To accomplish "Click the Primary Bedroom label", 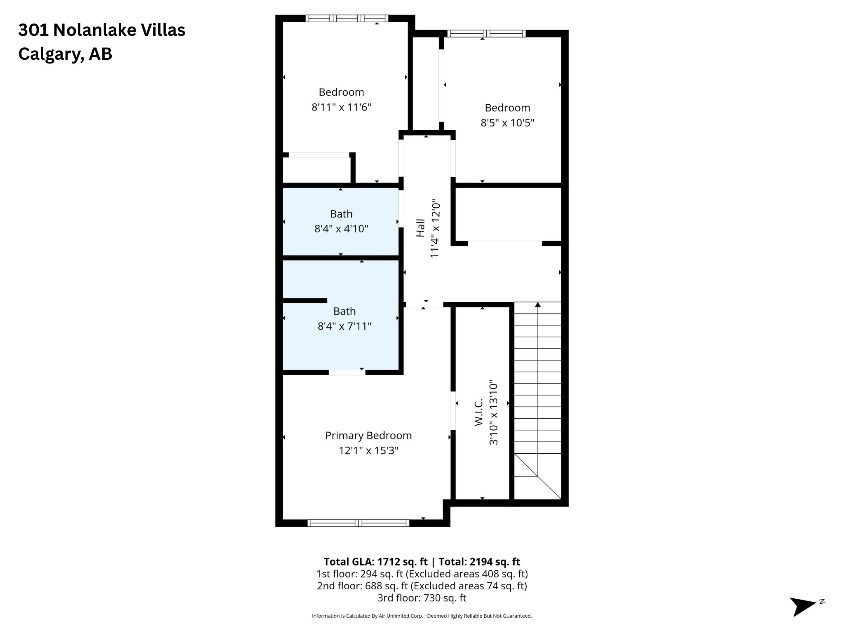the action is click(368, 436).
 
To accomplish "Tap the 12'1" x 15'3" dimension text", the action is click(368, 450).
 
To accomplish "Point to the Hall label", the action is click(420, 228).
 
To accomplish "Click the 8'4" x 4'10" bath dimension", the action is click(341, 229).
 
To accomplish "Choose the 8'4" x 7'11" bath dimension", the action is click(345, 326).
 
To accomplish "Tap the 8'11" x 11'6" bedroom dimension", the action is click(341, 107).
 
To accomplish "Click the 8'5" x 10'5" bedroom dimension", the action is click(507, 123).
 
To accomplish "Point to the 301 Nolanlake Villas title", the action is click(102, 30).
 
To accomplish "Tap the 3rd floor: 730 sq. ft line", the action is click(422, 598).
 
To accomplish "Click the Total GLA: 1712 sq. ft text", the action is click(376, 562).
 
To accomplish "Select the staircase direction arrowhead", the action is click(537, 305).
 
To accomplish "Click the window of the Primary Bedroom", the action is click(359, 523).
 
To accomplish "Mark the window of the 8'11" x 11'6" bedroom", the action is click(347, 18).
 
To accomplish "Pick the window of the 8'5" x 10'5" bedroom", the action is click(486, 33).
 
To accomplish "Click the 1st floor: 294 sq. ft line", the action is click(422, 574).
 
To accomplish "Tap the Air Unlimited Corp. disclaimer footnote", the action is click(422, 616).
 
